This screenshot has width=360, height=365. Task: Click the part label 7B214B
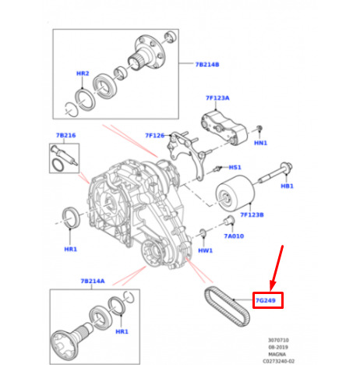pos(207,65)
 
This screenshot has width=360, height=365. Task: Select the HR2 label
pos(83,73)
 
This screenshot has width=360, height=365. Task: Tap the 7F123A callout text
pos(217,98)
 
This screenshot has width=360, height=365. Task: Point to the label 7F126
pos(155,136)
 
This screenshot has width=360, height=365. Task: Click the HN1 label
pos(260,143)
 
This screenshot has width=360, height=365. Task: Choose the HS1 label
pos(235,167)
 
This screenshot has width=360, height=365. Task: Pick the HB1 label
pos(287,186)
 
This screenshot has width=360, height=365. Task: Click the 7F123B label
pos(252,214)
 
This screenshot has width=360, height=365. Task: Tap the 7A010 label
pos(234,236)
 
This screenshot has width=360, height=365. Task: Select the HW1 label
pos(205,250)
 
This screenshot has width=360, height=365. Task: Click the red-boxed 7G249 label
pos(266,300)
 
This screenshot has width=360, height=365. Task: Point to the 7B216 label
pos(66,135)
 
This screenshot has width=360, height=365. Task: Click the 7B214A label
pos(93,281)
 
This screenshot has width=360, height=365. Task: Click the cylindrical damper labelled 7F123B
pos(235,193)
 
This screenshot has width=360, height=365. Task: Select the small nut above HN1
pos(259,128)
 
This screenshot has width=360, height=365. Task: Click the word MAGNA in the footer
pos(277,354)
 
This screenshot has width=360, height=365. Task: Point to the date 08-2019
pos(278,347)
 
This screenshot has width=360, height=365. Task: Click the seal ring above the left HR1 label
pos(70,218)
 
